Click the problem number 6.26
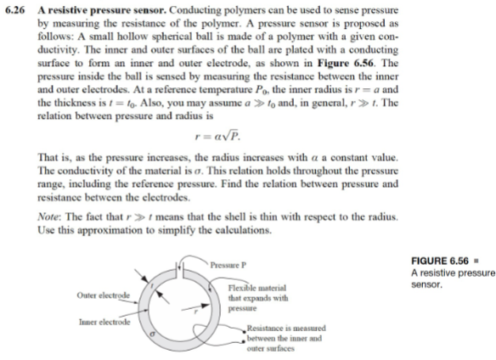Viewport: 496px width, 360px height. tap(13, 8)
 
